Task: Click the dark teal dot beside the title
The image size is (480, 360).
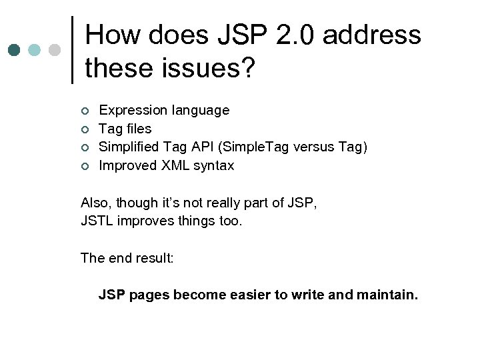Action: pos(14,51)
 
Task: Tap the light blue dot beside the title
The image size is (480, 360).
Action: pos(34,51)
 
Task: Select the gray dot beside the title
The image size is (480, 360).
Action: pos(55,51)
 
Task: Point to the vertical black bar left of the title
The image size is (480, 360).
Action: pos(72,50)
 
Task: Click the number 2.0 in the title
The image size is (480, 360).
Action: pos(298,35)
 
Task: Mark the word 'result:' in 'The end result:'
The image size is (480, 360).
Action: pos(151,258)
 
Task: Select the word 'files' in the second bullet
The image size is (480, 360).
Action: pos(138,129)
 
